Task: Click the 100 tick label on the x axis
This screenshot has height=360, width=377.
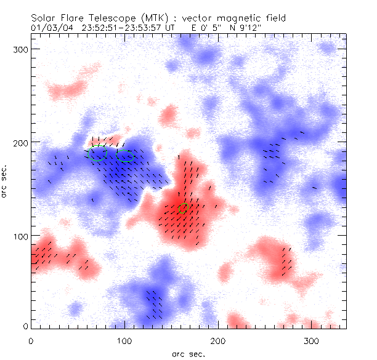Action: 124,340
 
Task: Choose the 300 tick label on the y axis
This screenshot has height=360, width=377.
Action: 21,49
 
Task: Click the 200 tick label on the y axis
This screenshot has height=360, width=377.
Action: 21,142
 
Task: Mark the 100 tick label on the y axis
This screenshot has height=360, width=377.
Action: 21,236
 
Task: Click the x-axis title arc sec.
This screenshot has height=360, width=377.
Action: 188,353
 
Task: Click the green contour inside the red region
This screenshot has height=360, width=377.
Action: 183,209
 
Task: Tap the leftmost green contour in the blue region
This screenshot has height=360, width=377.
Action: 99,154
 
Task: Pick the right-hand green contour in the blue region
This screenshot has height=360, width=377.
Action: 125,156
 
